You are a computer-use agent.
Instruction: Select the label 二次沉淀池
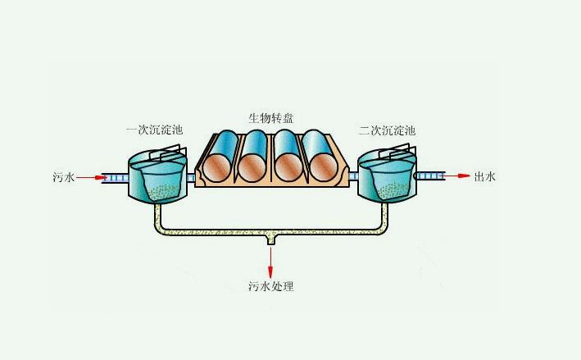[x=387, y=130]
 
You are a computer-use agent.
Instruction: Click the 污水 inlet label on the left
[x=62, y=176]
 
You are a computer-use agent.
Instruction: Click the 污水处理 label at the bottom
[x=270, y=287]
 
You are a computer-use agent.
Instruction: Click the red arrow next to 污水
[x=93, y=176]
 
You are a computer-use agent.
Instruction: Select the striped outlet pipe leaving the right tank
[x=429, y=176]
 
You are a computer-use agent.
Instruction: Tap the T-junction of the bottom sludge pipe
[x=270, y=238]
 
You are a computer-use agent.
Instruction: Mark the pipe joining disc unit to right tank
[x=353, y=176]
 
